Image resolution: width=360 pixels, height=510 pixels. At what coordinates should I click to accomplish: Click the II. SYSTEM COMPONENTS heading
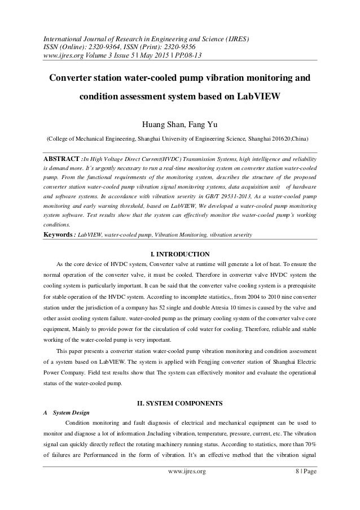click(x=179, y=404)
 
